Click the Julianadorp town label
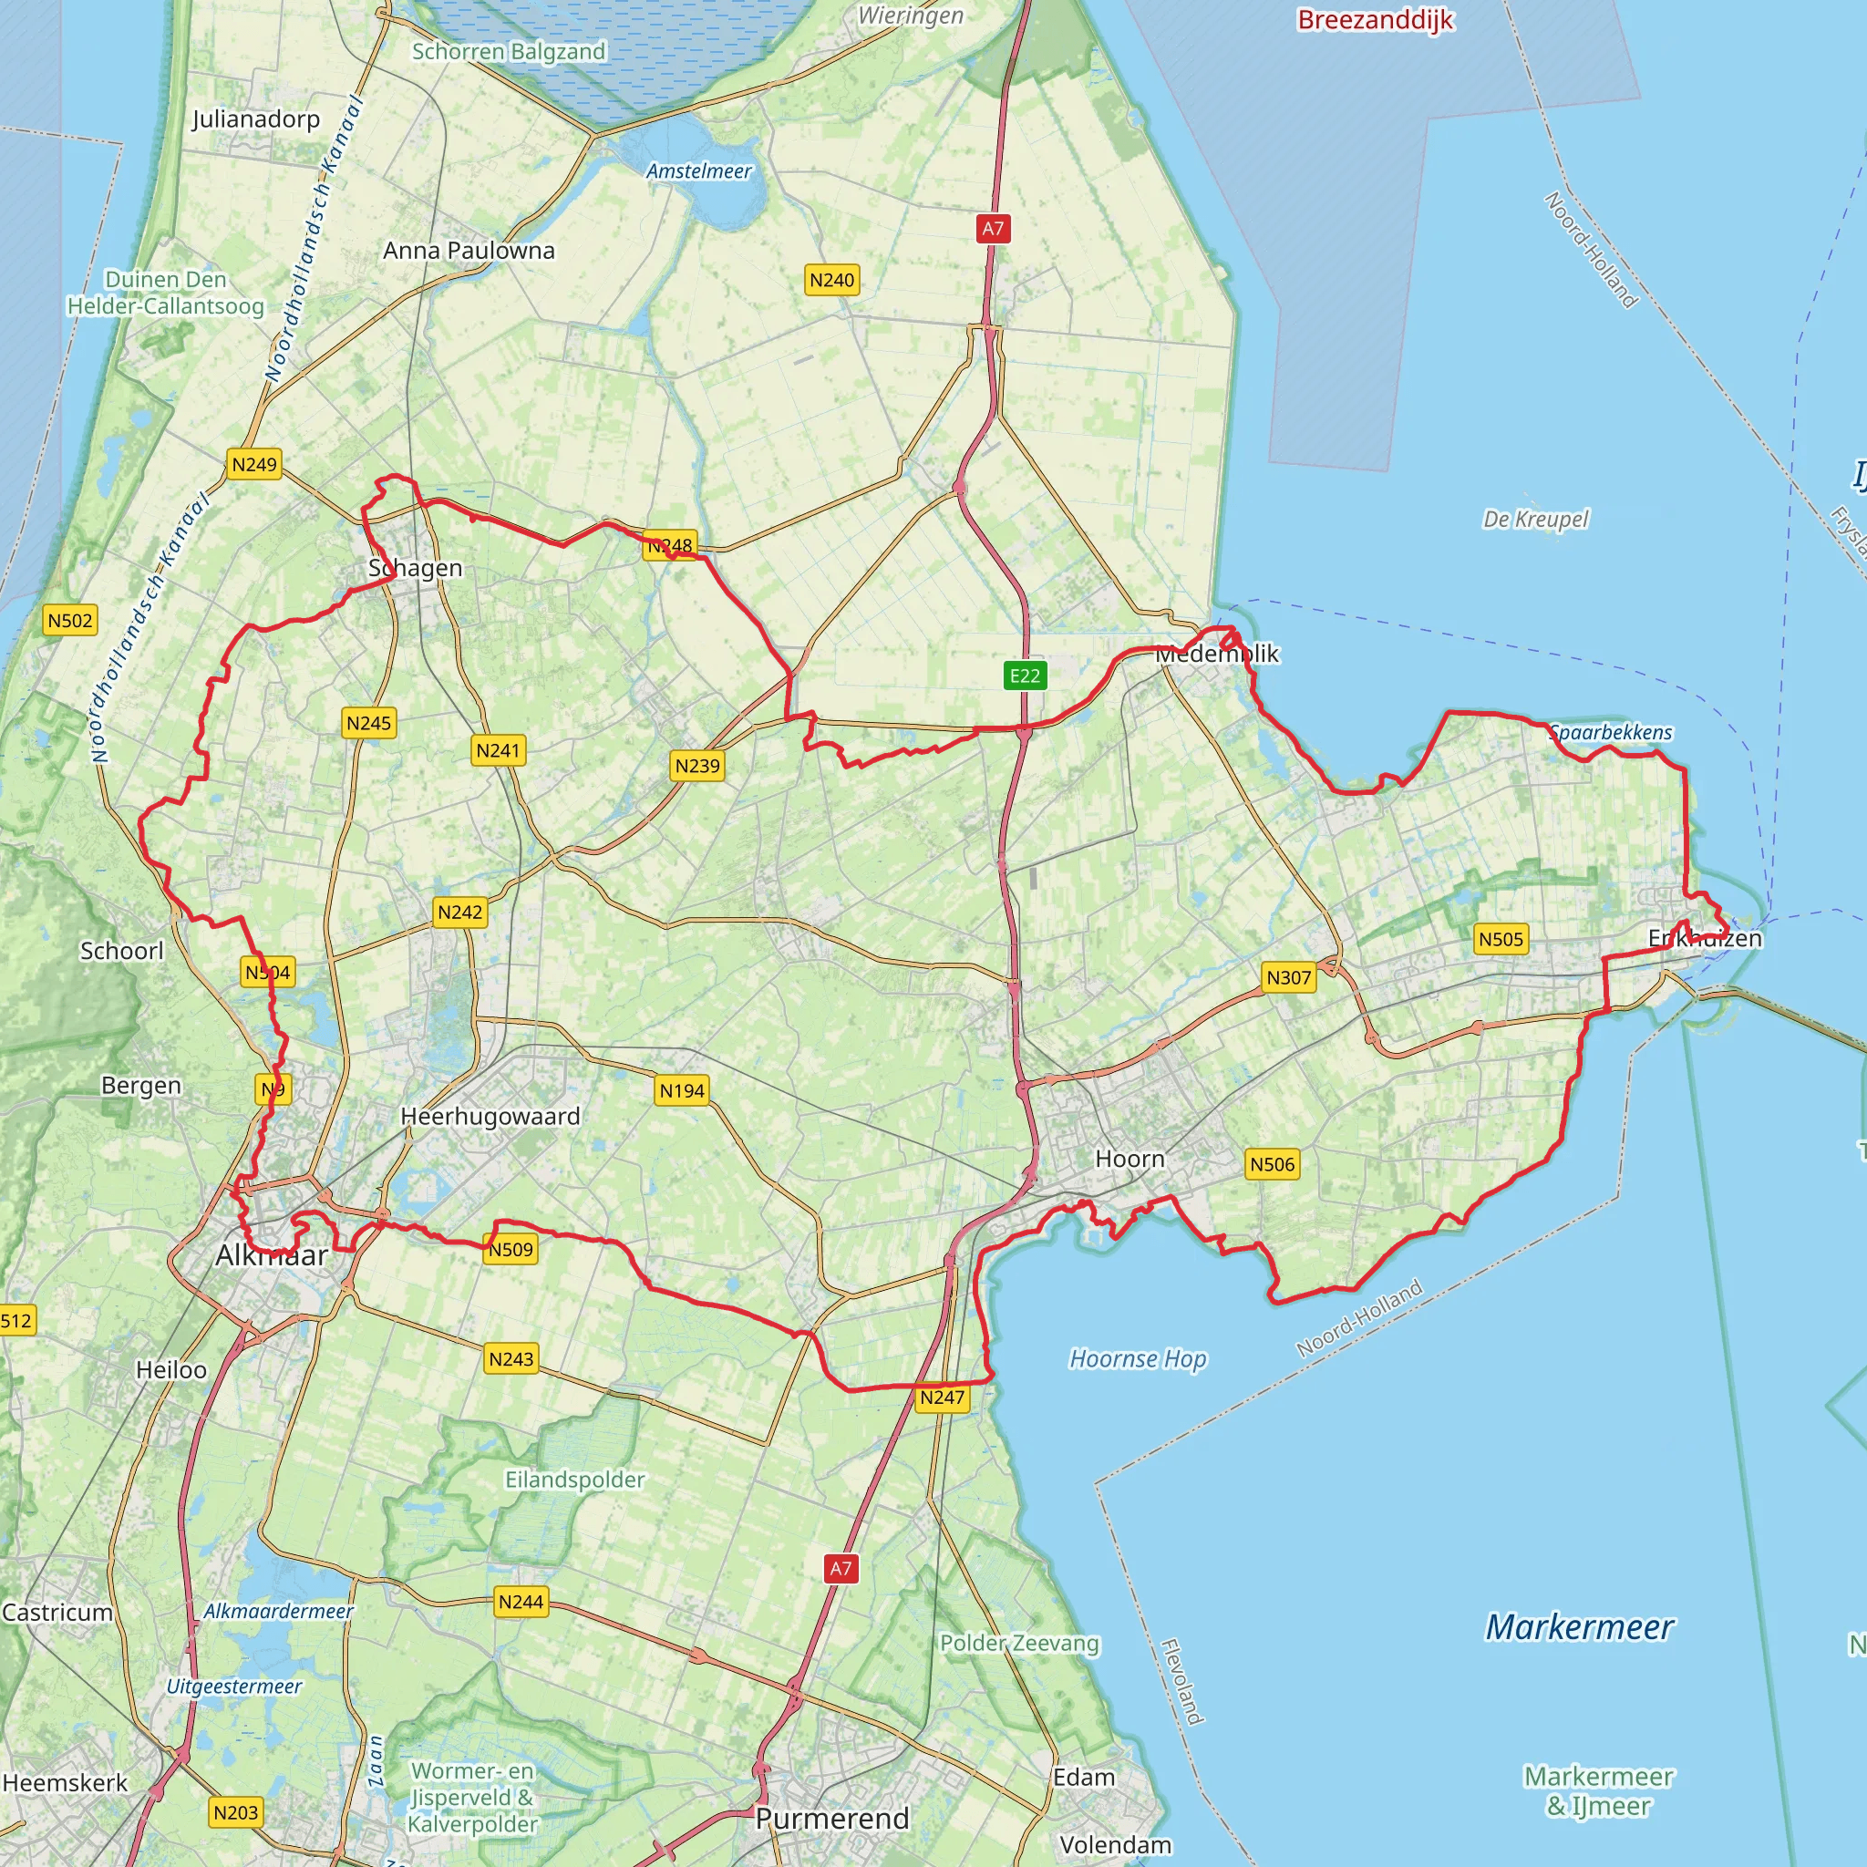tap(255, 119)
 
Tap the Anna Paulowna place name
tap(469, 251)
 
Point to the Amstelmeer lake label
tap(698, 171)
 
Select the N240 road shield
tap(832, 280)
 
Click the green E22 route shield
tap(1025, 676)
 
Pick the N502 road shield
tap(70, 621)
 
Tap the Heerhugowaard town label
tap(490, 1116)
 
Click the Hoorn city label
tap(1129, 1158)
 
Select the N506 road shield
tap(1272, 1164)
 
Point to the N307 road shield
tap(1288, 977)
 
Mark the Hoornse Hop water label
tap(1138, 1358)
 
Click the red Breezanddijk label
tap(1375, 20)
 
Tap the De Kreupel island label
tap(1535, 519)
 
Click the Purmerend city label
tap(832, 1819)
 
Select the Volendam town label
tap(1115, 1845)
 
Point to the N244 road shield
tap(521, 1603)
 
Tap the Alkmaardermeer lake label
tap(278, 1612)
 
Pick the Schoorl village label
tap(122, 951)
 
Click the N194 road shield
tap(682, 1091)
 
